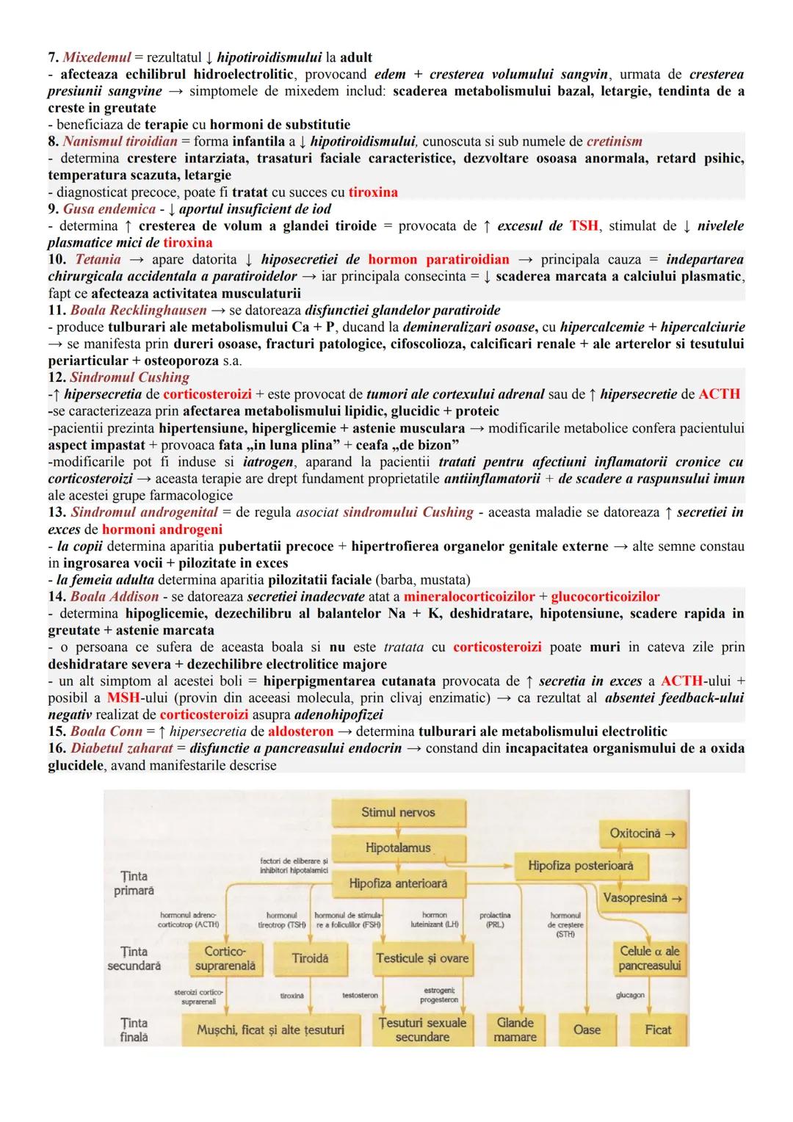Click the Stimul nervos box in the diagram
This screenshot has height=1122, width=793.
tap(398, 813)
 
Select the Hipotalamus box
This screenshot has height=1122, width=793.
tap(398, 848)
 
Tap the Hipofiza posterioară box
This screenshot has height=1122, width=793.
tap(580, 866)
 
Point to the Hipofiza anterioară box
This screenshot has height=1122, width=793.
tap(398, 883)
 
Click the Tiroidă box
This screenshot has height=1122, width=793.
tap(310, 958)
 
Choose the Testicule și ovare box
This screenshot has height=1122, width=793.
tap(421, 958)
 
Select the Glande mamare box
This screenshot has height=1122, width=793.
tap(515, 1029)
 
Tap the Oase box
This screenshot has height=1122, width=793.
tap(587, 1029)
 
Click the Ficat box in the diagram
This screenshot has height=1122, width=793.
tap(658, 1029)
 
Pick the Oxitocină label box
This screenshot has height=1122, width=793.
tap(642, 833)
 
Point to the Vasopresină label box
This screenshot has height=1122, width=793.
tap(642, 897)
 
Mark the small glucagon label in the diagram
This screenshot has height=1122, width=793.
tap(631, 995)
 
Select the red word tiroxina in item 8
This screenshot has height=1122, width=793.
tap(373, 192)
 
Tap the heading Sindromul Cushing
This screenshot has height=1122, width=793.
tap(129, 377)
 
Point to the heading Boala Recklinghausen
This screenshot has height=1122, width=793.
tap(138, 310)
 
